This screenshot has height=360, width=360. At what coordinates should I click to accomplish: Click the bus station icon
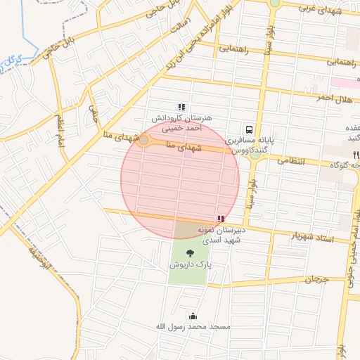point(249,129)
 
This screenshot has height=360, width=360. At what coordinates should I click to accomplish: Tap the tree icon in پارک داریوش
point(189,253)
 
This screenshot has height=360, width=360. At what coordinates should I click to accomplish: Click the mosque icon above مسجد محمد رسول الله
point(193,316)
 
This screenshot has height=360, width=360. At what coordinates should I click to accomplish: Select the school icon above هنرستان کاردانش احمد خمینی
point(182,107)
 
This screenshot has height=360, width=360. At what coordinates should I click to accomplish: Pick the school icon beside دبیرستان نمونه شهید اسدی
point(221,219)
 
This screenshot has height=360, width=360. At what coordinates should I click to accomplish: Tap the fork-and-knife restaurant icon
point(356,154)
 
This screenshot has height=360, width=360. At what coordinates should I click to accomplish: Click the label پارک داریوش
point(189,265)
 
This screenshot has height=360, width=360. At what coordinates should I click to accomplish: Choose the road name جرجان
point(316,280)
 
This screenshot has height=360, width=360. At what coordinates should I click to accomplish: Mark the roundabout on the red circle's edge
point(143,141)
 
